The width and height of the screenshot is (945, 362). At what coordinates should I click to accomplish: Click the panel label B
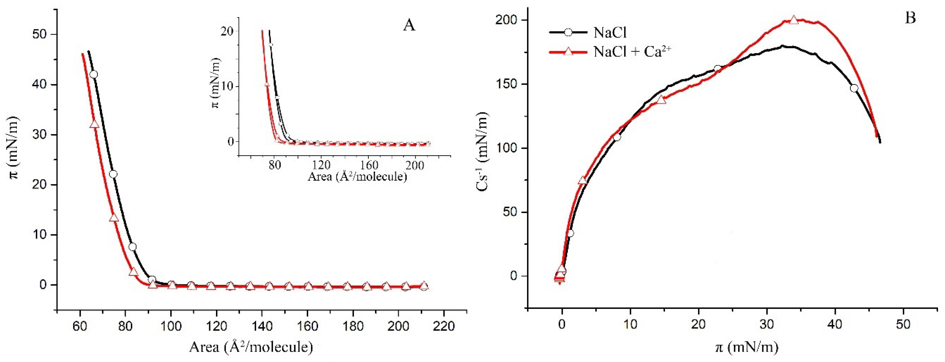tap(910, 18)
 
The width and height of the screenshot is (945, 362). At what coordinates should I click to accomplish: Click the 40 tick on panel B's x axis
tap(835, 325)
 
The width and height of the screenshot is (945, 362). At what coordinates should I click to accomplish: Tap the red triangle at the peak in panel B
tap(794, 30)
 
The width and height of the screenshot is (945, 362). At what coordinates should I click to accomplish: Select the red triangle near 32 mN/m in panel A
tap(94, 124)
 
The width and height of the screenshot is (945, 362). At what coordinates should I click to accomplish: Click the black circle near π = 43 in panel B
tap(854, 88)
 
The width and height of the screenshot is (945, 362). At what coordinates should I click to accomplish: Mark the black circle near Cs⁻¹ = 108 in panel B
tap(617, 137)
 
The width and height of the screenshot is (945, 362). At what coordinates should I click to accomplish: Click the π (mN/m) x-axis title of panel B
tap(747, 346)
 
